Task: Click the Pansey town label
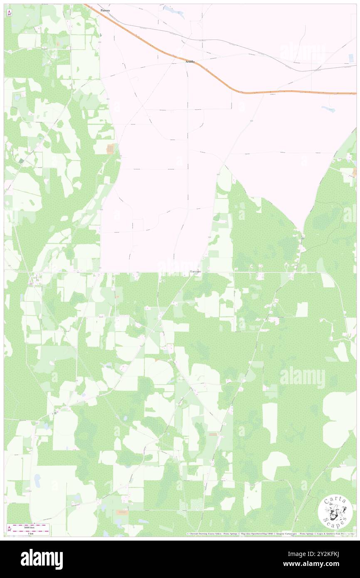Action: point(105,10)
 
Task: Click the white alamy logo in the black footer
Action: point(42,559)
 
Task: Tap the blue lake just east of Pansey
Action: point(175,12)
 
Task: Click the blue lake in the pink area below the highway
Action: point(328,109)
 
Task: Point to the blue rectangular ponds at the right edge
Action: point(352,59)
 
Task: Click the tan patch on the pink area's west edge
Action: point(110,148)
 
